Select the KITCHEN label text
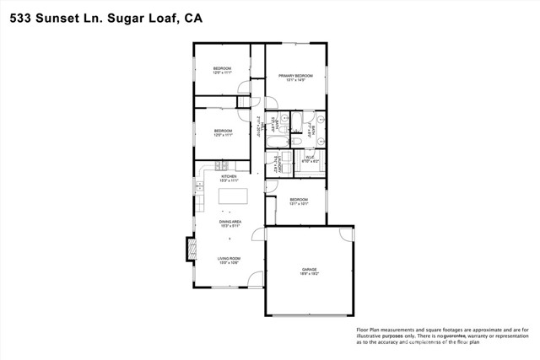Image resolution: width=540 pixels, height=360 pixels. [229, 176]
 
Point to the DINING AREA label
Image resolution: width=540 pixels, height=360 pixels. [229, 221]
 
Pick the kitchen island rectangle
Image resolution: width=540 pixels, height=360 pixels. [234, 196]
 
